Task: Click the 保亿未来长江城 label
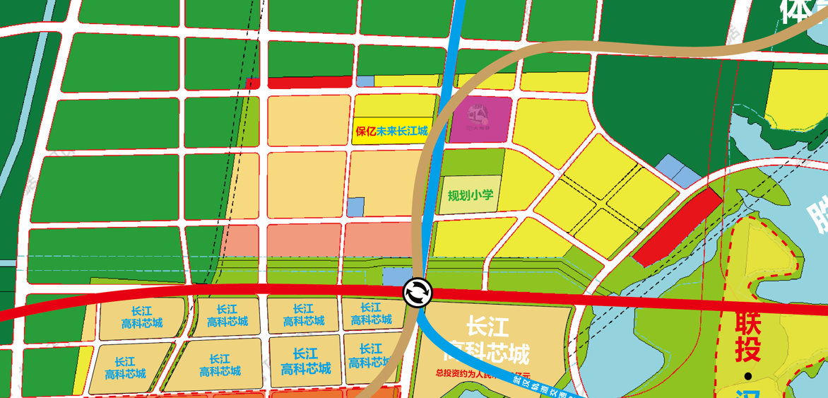pos(392,131)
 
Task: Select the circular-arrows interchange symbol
pos(417,292)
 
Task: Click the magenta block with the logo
pos(480,119)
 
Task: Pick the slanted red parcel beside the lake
pos(677,228)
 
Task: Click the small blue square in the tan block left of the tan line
pos(355,206)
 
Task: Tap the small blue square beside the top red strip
pos(365,81)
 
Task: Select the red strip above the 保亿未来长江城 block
pos(309,82)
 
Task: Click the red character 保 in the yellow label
pos(360,131)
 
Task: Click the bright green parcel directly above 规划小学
pos(473,161)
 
